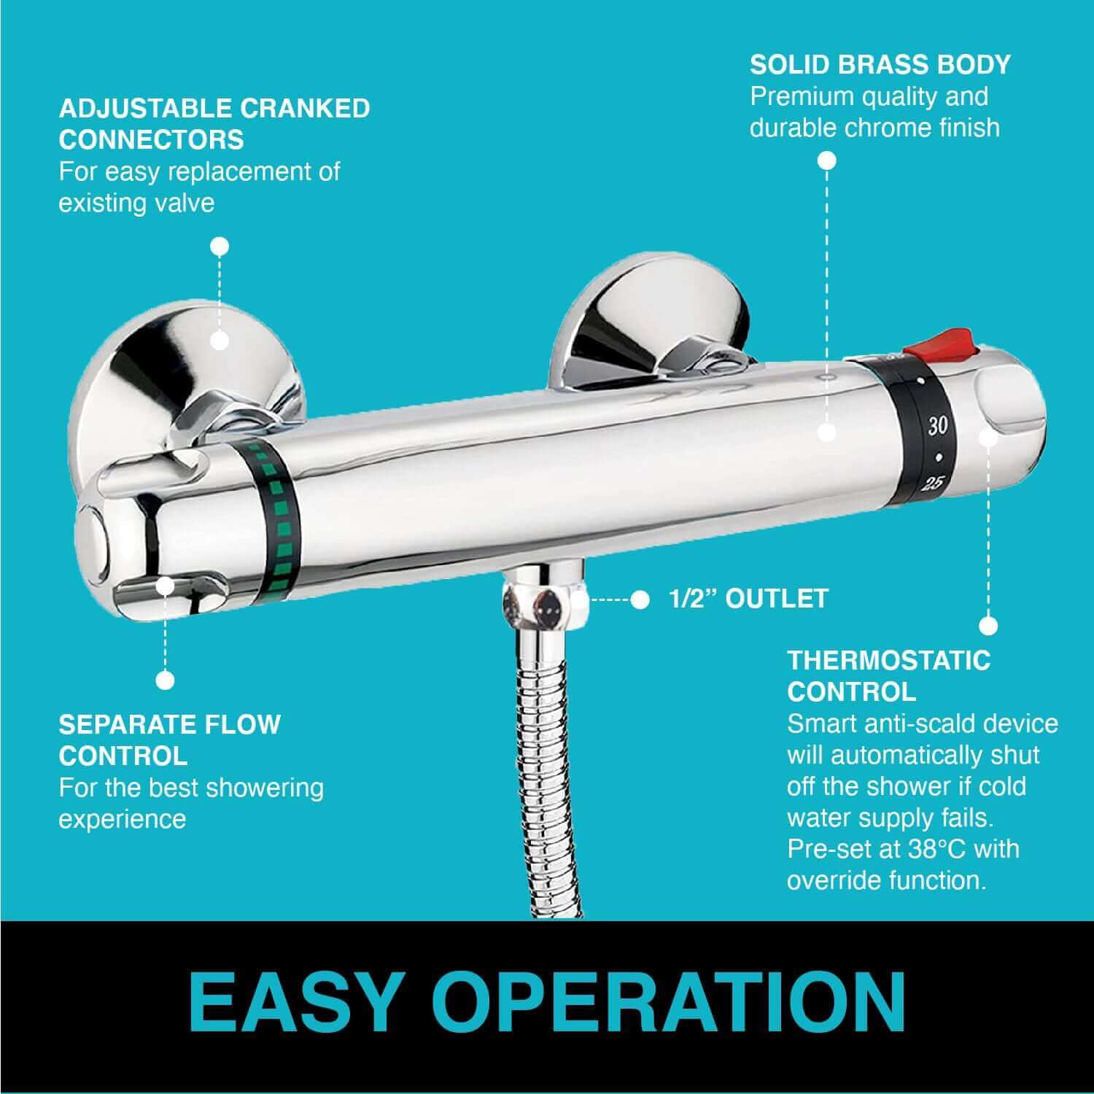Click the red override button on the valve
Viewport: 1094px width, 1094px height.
pos(940,344)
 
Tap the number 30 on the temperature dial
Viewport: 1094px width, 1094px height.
pos(937,426)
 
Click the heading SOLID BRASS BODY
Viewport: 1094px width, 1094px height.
pos(880,64)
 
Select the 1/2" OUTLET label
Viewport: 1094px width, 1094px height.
pos(748,598)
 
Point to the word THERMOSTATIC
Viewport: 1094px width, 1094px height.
pos(889,661)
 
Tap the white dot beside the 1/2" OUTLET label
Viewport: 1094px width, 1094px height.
pos(640,600)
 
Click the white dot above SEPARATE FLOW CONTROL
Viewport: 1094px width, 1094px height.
pos(166,680)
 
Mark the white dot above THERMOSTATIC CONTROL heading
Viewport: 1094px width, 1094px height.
pos(988,626)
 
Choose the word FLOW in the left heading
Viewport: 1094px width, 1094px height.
pos(240,724)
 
